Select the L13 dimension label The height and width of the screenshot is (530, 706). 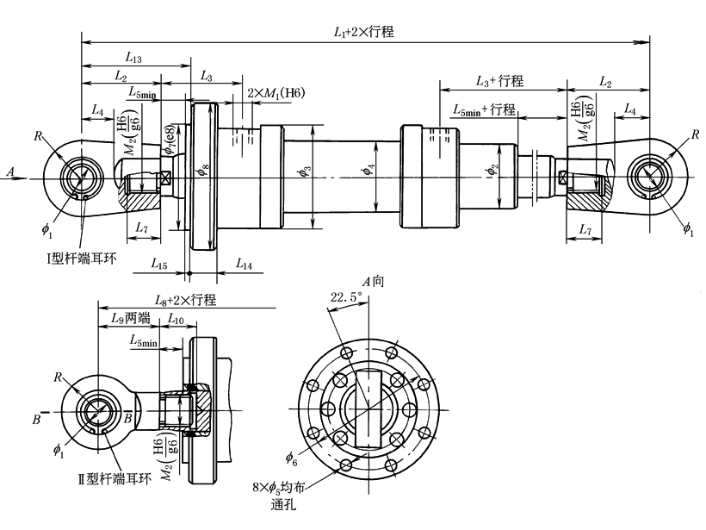(133, 59)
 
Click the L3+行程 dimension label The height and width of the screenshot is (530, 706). (499, 81)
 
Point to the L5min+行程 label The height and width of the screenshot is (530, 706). (483, 109)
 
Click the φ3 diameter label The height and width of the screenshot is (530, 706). (304, 170)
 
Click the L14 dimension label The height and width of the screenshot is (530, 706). (244, 265)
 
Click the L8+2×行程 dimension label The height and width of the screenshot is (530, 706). (184, 299)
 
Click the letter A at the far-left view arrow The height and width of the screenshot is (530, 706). (10, 172)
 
